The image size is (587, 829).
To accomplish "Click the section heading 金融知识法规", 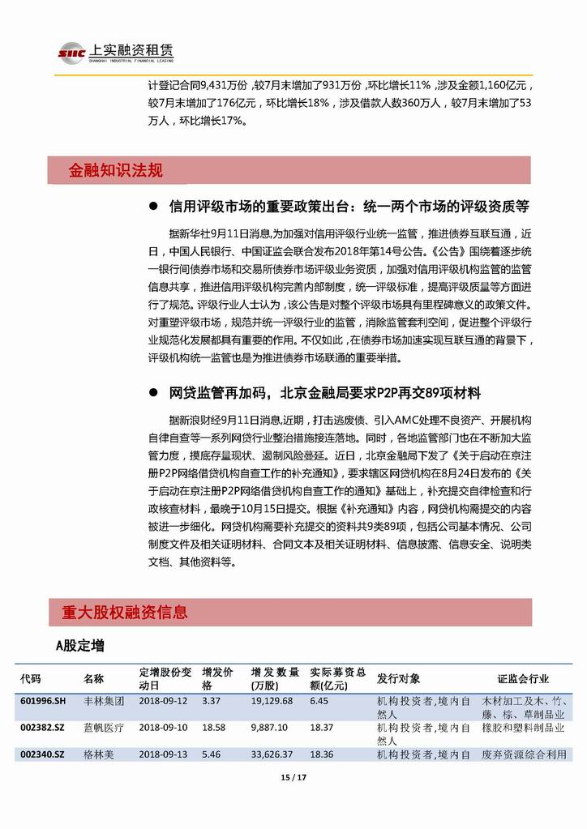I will click(x=116, y=170).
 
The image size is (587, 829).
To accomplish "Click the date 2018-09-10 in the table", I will click(x=160, y=729).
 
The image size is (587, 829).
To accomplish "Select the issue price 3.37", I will click(x=211, y=700).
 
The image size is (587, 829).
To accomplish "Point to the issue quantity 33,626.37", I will click(x=272, y=754).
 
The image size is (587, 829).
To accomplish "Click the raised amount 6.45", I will click(x=319, y=700).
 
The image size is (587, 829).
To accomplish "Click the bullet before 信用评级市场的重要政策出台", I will click(x=152, y=206).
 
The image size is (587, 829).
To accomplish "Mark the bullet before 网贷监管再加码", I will click(x=152, y=393).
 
